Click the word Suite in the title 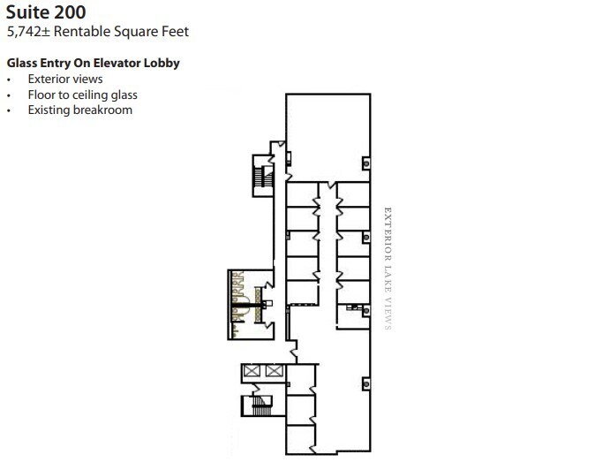27,12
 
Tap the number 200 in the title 70,12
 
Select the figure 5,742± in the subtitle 28,32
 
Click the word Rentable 81,31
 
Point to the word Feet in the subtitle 177,31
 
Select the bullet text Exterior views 65,79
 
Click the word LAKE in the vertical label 388,279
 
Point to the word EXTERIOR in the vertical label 388,234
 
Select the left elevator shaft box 252,370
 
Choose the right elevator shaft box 275,370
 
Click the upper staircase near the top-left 263,176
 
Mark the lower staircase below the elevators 261,406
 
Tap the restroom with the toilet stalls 251,305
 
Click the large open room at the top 328,137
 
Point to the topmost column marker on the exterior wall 366,163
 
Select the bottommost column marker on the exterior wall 366,384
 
